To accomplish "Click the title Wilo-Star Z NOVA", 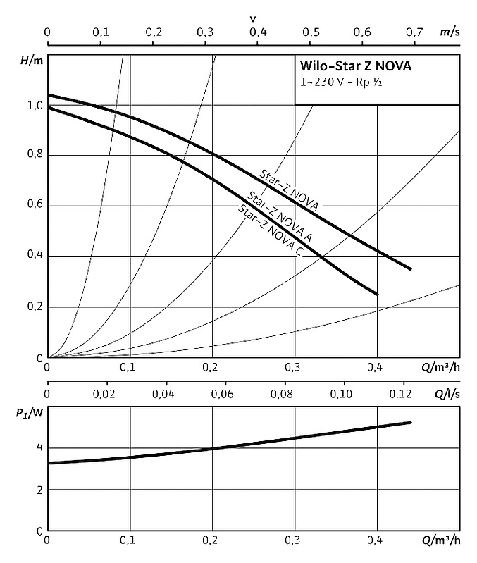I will [352, 68].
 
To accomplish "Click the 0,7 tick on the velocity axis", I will [414, 32].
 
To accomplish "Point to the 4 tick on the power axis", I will [39, 447].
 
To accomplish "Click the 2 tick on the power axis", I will [39, 489].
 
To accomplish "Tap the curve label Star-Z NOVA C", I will [271, 232].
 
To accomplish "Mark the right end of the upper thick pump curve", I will [410, 268].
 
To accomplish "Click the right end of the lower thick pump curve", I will [378, 294].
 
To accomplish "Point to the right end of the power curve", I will [410, 422].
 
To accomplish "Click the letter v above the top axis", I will [252, 16].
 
